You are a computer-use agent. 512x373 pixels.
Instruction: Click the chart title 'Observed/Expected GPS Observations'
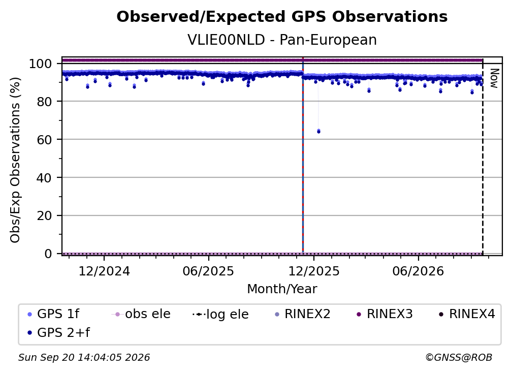click(282, 17)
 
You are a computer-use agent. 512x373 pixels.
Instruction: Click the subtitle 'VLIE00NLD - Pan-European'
click(282, 40)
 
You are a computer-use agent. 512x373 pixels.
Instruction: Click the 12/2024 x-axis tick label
click(104, 271)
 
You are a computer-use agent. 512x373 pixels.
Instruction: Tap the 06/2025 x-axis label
click(208, 271)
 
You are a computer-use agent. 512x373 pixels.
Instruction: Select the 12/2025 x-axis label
click(314, 271)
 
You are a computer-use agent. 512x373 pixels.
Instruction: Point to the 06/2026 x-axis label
click(419, 271)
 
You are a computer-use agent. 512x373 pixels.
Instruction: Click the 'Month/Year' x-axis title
click(282, 289)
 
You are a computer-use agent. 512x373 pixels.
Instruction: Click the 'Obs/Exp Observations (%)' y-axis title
click(15, 160)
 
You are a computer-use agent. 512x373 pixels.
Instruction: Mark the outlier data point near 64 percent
click(318, 131)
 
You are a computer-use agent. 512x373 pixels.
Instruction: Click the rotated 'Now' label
click(494, 78)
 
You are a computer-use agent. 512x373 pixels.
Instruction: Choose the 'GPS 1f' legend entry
click(54, 314)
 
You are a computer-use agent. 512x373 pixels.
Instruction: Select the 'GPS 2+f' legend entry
click(59, 332)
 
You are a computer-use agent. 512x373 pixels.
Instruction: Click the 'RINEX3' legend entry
click(385, 314)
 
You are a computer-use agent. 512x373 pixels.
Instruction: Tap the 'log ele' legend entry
click(221, 314)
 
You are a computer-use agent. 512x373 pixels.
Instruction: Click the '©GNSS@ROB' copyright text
click(459, 357)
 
